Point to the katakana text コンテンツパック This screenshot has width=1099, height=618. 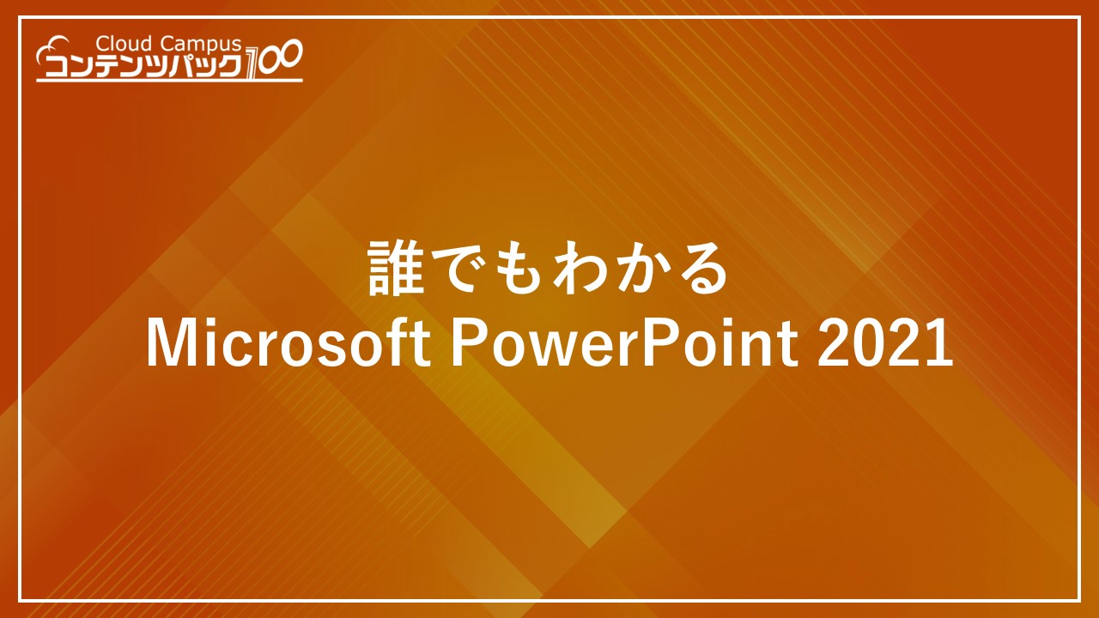(x=143, y=66)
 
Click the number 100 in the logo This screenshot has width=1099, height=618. (x=273, y=60)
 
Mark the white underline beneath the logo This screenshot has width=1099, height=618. (x=169, y=81)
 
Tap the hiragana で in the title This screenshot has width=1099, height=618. (x=458, y=270)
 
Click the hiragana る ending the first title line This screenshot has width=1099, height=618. (x=701, y=270)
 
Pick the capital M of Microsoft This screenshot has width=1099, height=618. (x=167, y=344)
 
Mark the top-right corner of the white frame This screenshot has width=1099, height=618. (x=1079, y=18)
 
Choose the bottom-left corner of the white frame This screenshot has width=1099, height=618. (x=20, y=600)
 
